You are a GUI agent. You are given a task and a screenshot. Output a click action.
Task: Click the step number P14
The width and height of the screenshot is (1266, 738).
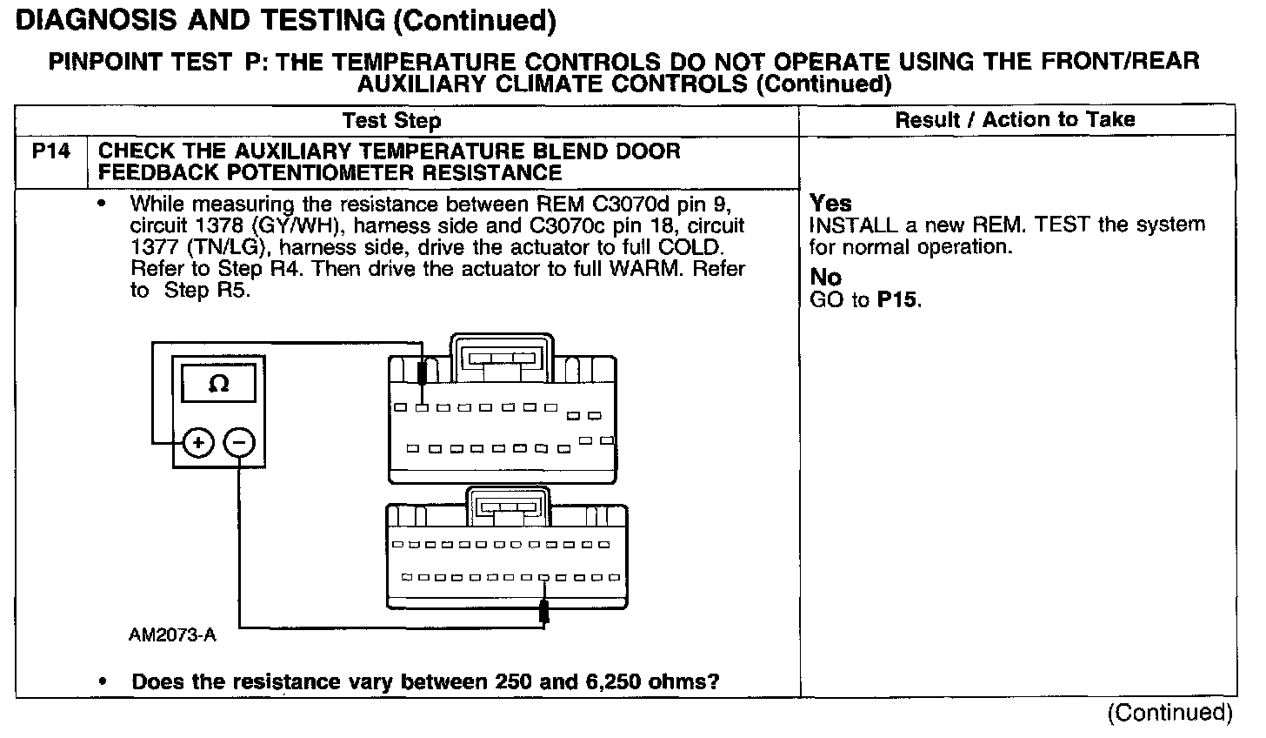click(x=51, y=151)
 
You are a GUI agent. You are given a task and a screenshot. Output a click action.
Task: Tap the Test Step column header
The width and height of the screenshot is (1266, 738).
click(x=391, y=120)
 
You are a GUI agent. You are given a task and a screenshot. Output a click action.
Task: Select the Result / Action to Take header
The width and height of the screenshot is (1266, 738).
click(x=1015, y=119)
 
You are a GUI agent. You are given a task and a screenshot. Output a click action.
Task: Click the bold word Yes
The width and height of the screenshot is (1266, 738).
click(x=830, y=204)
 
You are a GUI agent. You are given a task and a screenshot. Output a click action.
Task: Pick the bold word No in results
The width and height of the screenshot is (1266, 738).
click(x=825, y=278)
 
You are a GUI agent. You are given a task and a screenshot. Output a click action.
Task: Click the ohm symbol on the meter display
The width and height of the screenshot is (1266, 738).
click(x=219, y=384)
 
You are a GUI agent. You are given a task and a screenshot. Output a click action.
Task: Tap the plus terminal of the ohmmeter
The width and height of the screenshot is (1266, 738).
click(x=199, y=444)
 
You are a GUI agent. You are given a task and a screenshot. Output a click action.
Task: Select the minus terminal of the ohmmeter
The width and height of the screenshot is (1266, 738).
click(x=240, y=444)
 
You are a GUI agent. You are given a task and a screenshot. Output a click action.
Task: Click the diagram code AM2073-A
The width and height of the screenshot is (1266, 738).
click(x=171, y=635)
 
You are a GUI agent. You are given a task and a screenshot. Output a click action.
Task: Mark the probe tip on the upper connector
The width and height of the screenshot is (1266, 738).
click(x=422, y=372)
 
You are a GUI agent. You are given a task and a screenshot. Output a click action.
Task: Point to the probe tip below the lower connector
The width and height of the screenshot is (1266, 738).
click(x=544, y=612)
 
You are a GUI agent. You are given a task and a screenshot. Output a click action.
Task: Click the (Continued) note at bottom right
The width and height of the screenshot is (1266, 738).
click(x=1169, y=714)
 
